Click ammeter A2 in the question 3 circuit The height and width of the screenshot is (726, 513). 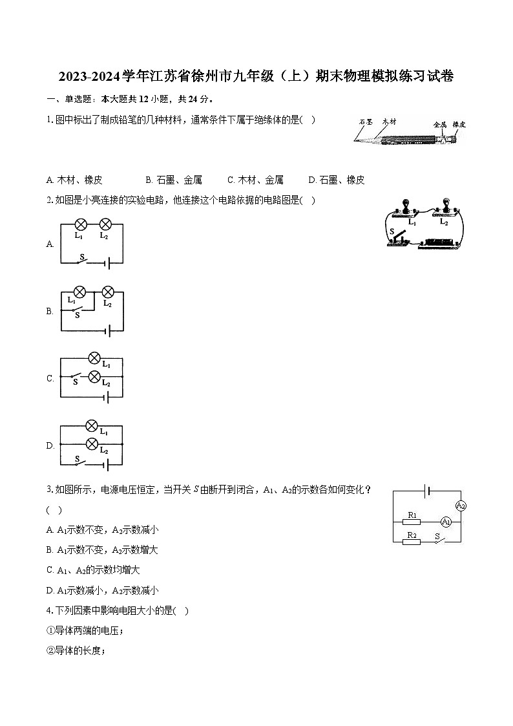(460, 506)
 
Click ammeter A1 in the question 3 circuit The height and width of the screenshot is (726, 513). (445, 522)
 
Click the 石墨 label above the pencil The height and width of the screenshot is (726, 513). (366, 122)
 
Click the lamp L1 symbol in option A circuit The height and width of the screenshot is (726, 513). (81, 224)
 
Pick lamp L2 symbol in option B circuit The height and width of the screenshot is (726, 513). (108, 292)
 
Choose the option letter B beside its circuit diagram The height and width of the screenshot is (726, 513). (50, 311)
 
